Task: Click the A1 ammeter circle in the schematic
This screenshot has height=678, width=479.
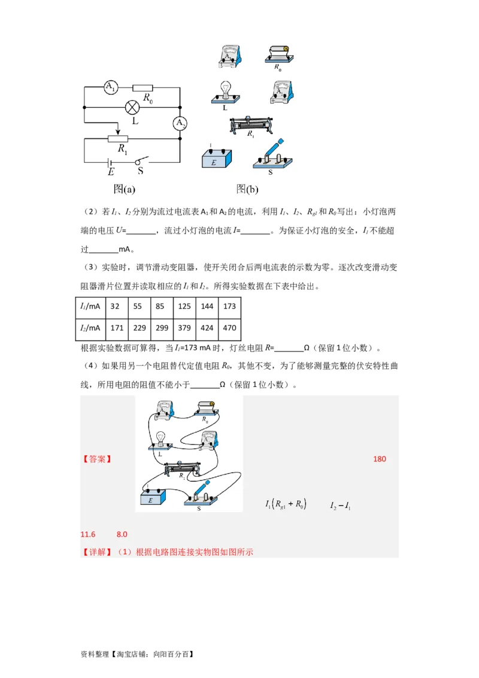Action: [x=111, y=87]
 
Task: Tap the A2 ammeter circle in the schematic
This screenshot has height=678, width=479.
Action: [x=180, y=123]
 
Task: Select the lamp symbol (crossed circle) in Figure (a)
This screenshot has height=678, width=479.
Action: [x=132, y=107]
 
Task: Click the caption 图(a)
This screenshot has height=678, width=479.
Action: [x=125, y=189]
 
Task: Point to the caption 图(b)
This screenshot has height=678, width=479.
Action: [x=247, y=189]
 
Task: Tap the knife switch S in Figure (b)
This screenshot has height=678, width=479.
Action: [x=272, y=156]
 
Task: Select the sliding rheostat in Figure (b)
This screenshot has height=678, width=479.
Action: [x=251, y=125]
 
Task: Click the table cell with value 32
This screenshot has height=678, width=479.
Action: [x=117, y=306]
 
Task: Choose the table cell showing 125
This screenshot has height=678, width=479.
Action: [x=184, y=306]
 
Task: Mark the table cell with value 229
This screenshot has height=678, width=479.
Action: [x=140, y=328]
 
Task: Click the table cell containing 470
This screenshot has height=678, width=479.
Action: [x=229, y=328]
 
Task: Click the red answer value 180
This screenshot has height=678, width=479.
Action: [x=380, y=459]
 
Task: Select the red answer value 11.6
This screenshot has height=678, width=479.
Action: [x=88, y=534]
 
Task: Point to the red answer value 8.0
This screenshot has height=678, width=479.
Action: [x=122, y=534]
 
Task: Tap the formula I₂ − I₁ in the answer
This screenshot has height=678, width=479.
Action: [x=340, y=506]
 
